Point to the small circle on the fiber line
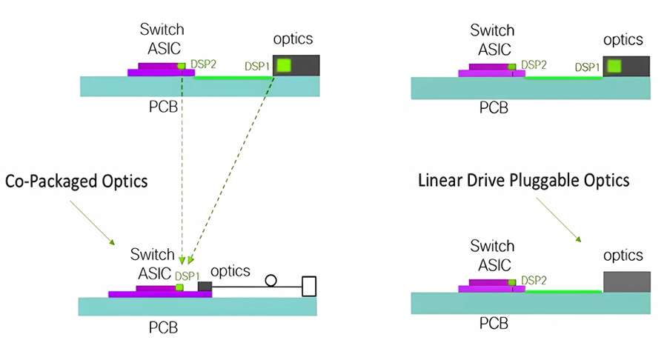point(271,281)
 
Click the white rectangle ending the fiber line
point(309,287)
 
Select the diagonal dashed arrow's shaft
point(231,170)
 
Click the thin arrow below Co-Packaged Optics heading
point(93,223)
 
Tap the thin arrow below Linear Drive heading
point(559,220)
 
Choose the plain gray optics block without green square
point(626,281)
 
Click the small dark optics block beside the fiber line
point(205,287)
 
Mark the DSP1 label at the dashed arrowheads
point(188,276)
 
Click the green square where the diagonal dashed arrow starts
point(284,65)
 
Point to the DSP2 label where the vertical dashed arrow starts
point(203,64)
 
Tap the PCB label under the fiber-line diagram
point(163,327)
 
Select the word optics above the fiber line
point(230,271)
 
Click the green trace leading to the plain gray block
point(563,292)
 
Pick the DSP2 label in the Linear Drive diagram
point(534,280)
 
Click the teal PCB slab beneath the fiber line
point(197,307)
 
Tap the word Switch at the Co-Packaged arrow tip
point(152,254)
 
